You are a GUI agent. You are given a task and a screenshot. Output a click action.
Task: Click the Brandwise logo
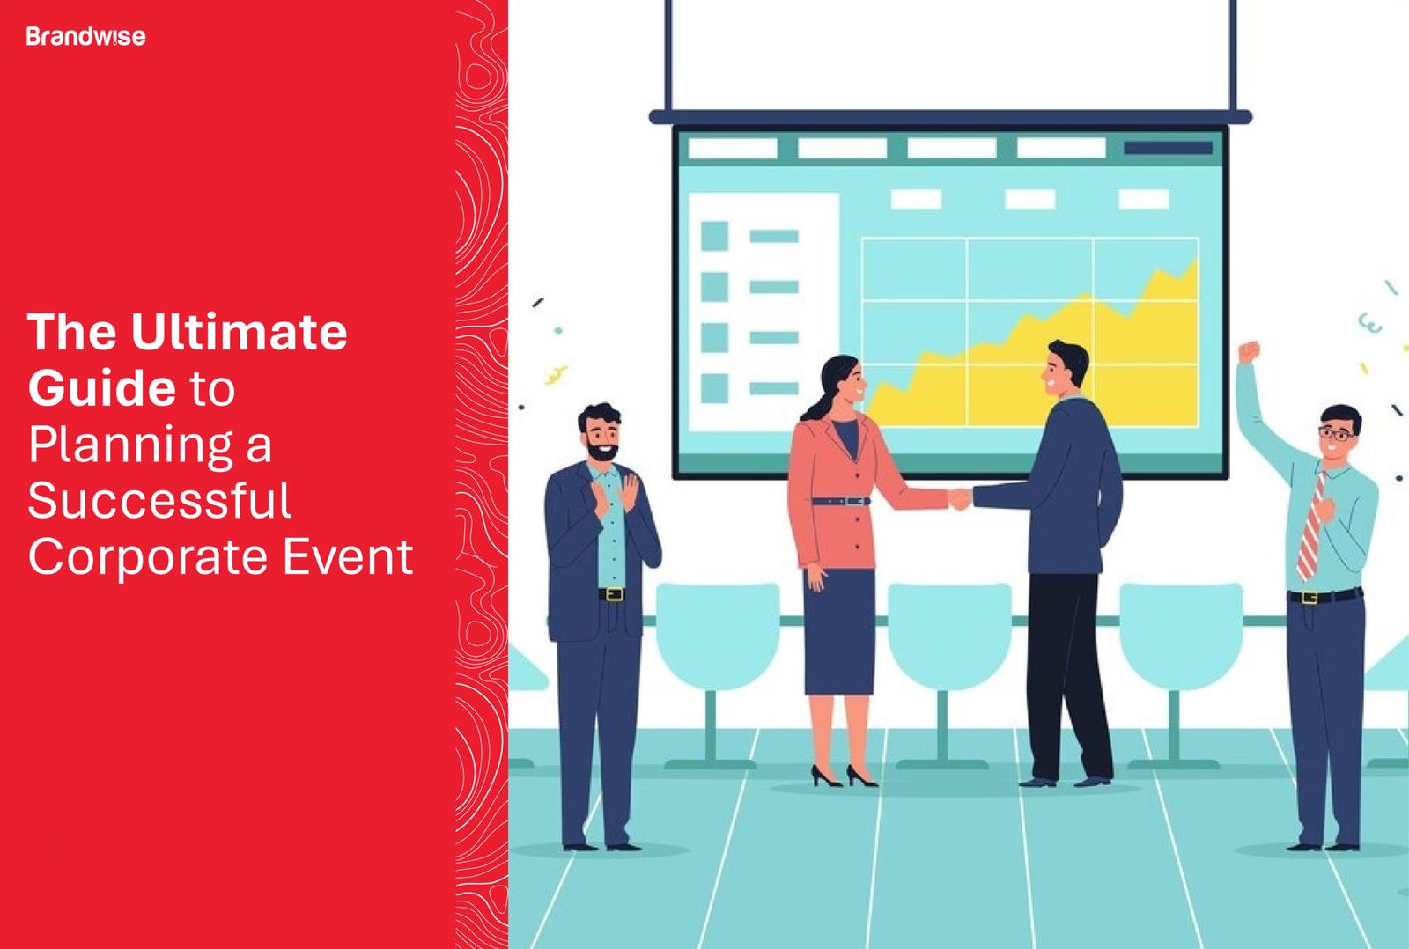(x=85, y=36)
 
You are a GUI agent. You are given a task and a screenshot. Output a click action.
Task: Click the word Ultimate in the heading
(x=239, y=332)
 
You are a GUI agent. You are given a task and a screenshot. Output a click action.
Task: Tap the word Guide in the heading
(x=102, y=388)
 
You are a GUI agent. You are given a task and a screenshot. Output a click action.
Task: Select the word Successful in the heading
(x=159, y=501)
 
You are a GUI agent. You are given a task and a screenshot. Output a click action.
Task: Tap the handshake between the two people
(x=959, y=499)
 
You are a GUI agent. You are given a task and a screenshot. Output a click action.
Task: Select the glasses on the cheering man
(x=1336, y=433)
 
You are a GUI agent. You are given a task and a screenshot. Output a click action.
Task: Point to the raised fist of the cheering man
(x=1249, y=352)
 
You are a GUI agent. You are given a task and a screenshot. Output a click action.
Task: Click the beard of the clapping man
(x=602, y=452)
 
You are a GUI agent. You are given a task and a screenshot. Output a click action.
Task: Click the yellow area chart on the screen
(x=1057, y=370)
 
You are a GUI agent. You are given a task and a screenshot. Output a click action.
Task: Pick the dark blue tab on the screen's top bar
(x=1168, y=148)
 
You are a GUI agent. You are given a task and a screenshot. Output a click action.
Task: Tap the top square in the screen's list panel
(x=714, y=236)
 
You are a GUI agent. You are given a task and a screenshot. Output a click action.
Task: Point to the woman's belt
(x=840, y=501)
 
